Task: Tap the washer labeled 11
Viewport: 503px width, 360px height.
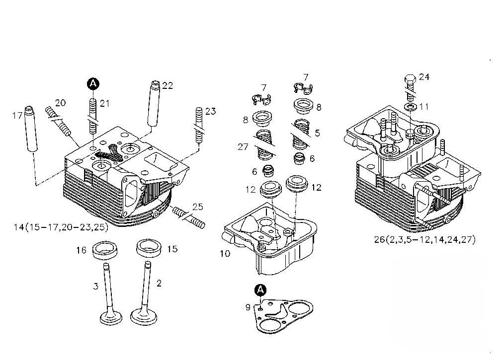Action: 411,107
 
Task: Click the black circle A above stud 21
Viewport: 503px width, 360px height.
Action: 93,84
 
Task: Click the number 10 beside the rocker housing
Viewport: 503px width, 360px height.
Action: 225,253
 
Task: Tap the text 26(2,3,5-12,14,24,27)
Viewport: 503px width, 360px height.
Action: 424,239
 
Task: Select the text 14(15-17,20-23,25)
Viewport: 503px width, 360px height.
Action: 61,227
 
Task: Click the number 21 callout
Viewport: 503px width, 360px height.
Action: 104,103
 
